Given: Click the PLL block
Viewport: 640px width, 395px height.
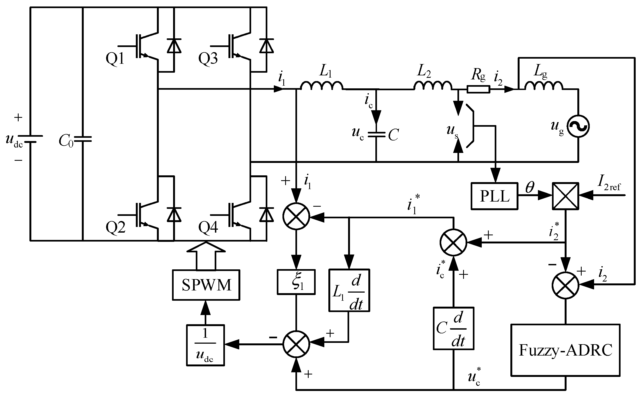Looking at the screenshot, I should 494,196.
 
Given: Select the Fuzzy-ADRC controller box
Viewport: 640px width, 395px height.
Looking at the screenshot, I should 565,350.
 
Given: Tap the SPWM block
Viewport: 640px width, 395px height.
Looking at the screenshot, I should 206,285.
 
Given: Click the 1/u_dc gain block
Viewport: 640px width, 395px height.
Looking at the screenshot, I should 205,345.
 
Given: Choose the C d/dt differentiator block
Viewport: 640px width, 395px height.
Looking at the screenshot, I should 453,328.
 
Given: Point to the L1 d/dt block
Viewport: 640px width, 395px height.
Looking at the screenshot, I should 349,290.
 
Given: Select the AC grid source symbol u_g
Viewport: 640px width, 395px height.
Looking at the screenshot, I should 578,126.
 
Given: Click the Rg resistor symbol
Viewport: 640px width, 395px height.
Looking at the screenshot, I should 478,89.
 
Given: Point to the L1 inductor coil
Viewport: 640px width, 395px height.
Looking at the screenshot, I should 322,86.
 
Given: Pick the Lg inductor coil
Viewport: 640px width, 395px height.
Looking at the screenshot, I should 544,86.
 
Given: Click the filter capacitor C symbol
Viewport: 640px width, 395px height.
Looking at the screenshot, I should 376,135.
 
